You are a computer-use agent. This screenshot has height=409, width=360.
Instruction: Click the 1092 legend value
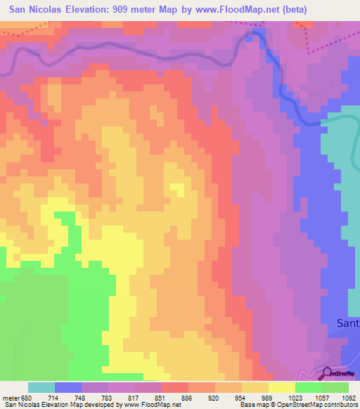(347, 397)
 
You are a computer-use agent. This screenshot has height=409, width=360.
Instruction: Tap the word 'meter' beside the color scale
(11, 397)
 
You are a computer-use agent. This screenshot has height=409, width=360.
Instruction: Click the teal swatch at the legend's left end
(41, 387)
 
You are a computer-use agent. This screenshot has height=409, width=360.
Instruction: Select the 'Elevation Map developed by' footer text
(84, 405)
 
